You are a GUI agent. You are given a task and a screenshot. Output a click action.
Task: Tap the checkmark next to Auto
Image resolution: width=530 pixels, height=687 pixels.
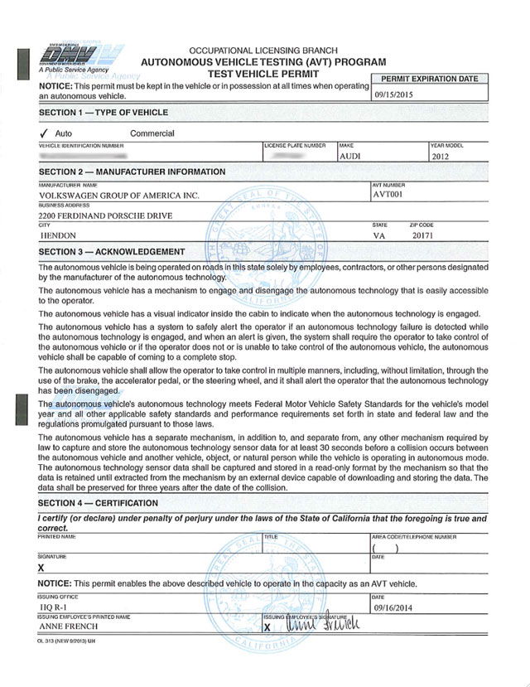(x=43, y=133)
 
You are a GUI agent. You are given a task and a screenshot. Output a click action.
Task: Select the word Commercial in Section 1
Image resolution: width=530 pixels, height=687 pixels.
(x=152, y=133)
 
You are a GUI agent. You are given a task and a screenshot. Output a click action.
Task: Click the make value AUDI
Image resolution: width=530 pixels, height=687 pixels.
(x=351, y=155)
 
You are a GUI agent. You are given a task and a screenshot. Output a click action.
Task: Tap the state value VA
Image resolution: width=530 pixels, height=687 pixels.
(x=380, y=235)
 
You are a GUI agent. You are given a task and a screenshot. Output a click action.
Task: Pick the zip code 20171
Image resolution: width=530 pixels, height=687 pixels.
(x=422, y=235)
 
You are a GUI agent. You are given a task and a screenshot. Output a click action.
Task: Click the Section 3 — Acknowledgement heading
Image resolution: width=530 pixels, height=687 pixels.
(x=112, y=252)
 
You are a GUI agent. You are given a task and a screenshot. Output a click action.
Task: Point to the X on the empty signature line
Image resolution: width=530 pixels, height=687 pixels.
(x=41, y=568)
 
